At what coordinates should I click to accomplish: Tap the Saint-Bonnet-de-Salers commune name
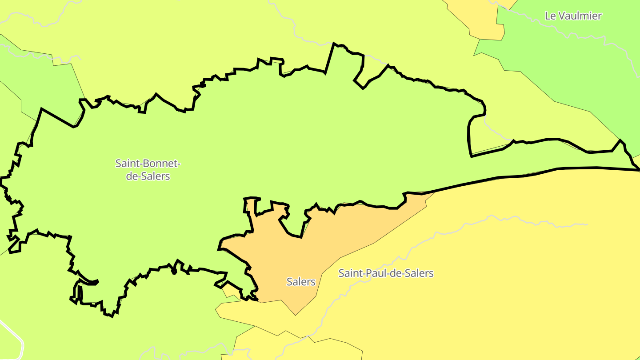[148, 169]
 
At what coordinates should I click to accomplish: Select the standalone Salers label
[301, 282]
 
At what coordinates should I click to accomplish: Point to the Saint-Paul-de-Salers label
[386, 273]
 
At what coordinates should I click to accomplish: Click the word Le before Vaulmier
[550, 16]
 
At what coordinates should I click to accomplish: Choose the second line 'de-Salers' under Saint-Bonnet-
[148, 176]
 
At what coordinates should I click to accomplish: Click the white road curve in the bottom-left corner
[18, 338]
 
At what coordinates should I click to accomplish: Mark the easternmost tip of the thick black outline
[639, 170]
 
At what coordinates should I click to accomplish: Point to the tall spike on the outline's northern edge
[333, 44]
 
